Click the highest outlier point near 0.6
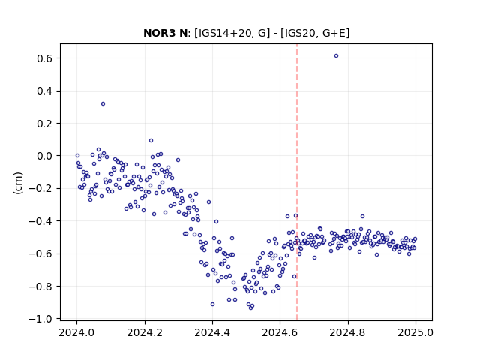coord(336,56)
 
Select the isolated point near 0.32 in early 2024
coord(103,103)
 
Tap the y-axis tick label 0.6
coord(44,58)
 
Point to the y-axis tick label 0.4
coord(44,91)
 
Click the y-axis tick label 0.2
coord(44,123)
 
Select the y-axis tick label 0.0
coord(44,156)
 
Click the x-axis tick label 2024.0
coord(76,332)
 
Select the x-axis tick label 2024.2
coord(145,332)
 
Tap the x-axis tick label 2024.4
coord(212,332)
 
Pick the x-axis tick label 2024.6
coord(280,332)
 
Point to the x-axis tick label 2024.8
coord(348,332)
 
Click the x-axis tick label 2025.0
coord(415,332)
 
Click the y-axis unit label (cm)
coord(18,183)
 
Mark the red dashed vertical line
coord(297,182)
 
